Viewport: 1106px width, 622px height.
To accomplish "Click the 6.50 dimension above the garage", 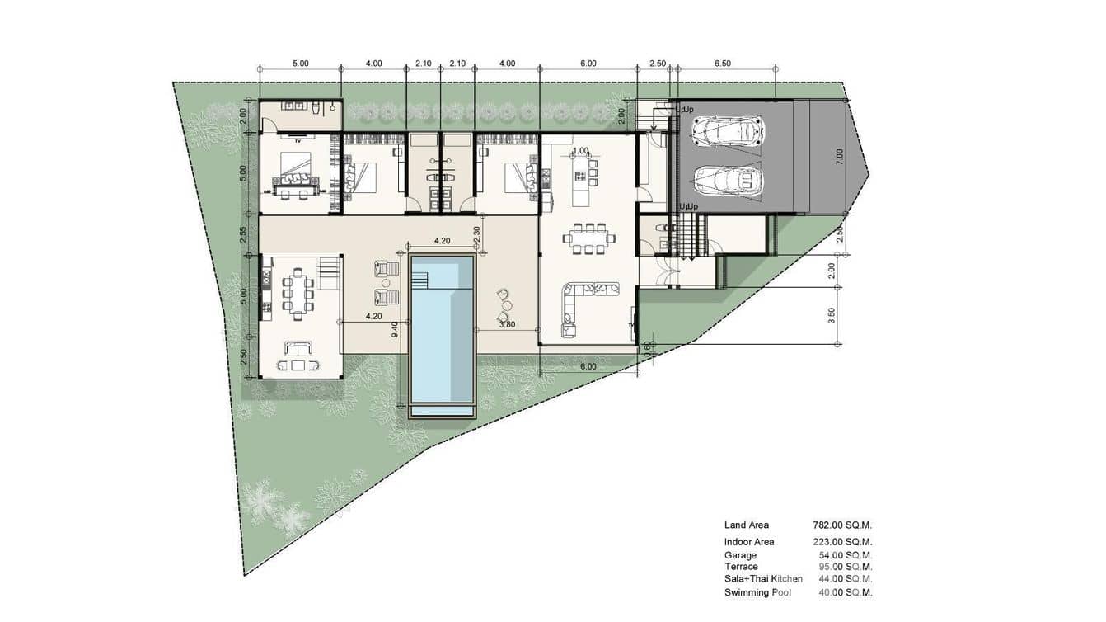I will point(722,64).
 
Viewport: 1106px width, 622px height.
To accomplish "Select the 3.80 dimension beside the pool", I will point(508,324).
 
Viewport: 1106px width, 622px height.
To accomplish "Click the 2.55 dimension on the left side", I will point(243,234).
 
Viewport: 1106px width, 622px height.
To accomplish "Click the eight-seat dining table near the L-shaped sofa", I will point(588,238).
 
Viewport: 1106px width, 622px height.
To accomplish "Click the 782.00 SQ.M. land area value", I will point(841,525).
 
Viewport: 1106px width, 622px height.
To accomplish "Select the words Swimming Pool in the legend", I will point(757,592).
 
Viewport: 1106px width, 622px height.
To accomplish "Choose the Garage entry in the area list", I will point(740,556).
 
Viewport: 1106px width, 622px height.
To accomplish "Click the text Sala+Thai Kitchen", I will point(763,579).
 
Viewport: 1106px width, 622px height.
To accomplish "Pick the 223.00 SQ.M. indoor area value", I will point(841,542).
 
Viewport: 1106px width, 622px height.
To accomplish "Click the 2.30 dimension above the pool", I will point(476,233).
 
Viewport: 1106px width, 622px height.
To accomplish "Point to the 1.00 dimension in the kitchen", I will point(580,151).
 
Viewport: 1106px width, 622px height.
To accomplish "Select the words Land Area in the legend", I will point(747,525).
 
